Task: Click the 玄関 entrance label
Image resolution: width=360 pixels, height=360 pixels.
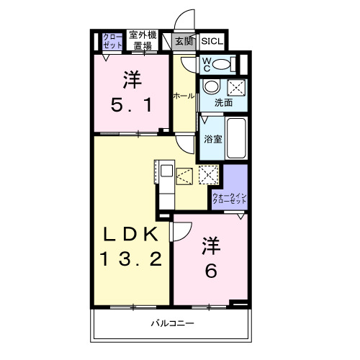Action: coord(185,41)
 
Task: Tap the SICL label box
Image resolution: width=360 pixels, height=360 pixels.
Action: coord(212,41)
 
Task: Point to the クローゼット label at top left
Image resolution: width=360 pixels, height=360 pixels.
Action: coord(112,40)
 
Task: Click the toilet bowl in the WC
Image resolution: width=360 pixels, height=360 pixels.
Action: coord(224,64)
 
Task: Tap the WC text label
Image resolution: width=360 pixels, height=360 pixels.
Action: coord(205,64)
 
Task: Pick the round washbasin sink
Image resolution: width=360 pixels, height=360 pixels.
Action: coord(211,88)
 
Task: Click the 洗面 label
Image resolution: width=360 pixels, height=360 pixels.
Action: coord(223,102)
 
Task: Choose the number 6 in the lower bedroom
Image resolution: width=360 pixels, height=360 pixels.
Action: coord(210,270)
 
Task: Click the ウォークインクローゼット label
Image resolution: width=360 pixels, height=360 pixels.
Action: coord(228,199)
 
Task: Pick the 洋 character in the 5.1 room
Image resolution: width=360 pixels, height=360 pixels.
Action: coord(130,77)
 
